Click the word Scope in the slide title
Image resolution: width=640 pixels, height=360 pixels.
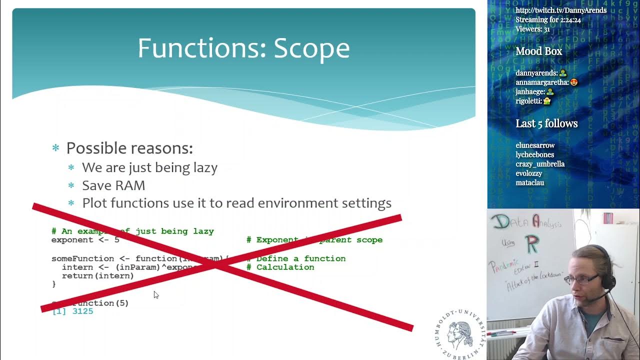point(311,48)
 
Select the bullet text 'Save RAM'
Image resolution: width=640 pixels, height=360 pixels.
point(113,185)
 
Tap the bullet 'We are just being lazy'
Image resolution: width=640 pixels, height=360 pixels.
point(149,167)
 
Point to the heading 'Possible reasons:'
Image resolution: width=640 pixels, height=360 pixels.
point(129,148)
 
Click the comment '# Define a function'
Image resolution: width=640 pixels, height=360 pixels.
point(301,258)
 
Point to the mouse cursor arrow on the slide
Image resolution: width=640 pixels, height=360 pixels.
point(156,295)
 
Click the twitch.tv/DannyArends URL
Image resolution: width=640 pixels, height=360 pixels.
point(561,10)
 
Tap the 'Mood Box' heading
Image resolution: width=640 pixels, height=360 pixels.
point(539,51)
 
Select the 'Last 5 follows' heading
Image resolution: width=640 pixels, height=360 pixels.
point(546,123)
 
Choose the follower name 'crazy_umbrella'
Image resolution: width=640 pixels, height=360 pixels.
point(540,164)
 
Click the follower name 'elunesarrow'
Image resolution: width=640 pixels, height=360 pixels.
point(535,145)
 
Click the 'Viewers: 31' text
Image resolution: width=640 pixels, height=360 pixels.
point(532,29)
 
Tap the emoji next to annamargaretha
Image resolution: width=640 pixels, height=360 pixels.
point(574,82)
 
